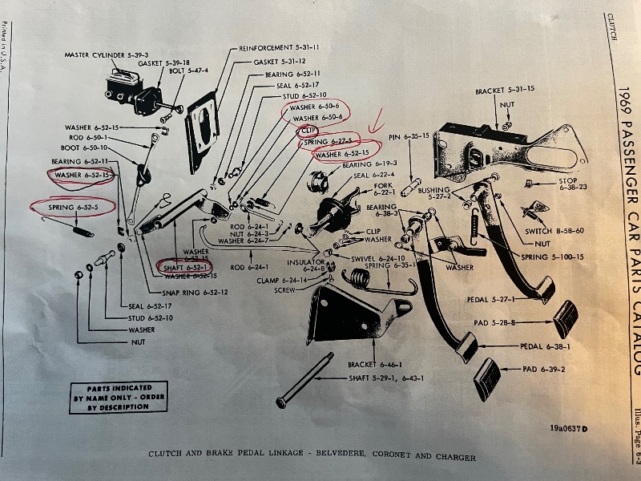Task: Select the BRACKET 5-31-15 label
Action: tap(505, 90)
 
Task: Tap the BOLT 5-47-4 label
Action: tap(188, 71)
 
